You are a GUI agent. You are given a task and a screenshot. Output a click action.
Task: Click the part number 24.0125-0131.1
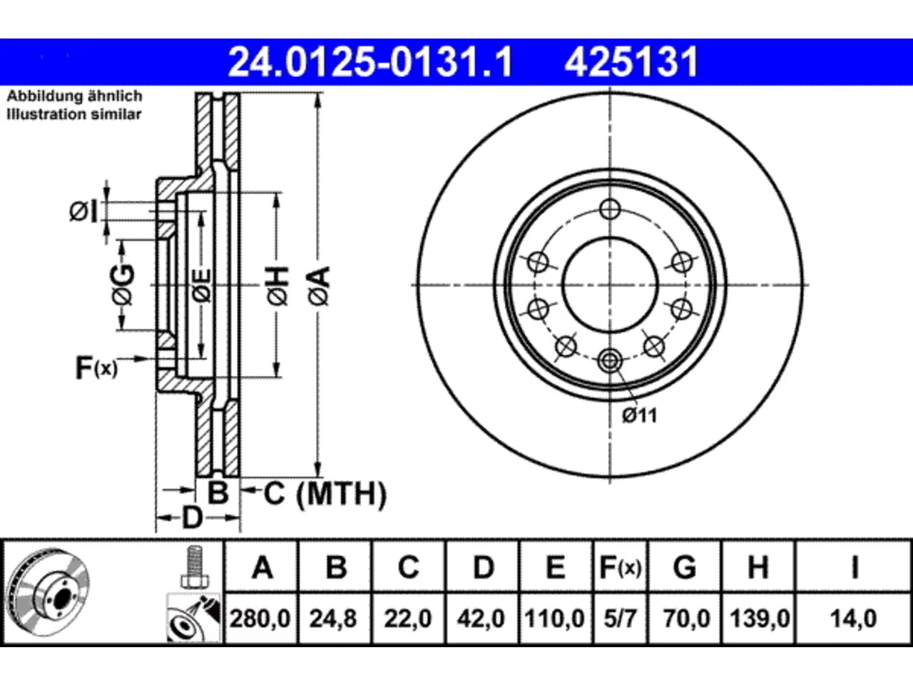point(370,62)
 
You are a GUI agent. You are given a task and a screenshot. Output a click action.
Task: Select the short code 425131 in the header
point(631,62)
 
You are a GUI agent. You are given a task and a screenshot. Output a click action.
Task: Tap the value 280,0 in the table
point(260,619)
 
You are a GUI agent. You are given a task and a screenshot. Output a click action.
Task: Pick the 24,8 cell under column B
point(333,619)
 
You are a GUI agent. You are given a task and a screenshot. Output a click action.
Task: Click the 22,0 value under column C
point(408,619)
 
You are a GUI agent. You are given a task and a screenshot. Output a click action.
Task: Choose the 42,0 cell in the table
point(481,619)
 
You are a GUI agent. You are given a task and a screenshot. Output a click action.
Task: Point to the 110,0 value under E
point(555,619)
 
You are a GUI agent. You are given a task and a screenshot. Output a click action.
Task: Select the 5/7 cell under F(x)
point(620,619)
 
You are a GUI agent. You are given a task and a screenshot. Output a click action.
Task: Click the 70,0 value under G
point(687,619)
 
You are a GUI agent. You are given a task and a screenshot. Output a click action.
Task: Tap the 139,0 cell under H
point(760,619)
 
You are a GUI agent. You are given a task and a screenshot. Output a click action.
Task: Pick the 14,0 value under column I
point(854,619)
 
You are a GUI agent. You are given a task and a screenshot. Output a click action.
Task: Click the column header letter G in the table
point(685,567)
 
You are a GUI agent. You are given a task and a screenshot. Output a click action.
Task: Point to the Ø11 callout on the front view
point(640,415)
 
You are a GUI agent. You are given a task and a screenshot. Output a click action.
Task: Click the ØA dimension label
point(320,286)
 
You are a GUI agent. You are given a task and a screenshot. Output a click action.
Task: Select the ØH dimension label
point(278,286)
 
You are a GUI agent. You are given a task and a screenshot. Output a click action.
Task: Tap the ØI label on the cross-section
point(83,211)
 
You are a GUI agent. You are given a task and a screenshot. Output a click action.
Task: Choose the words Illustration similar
point(74,114)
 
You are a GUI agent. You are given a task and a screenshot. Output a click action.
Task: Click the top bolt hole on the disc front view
point(610,209)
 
